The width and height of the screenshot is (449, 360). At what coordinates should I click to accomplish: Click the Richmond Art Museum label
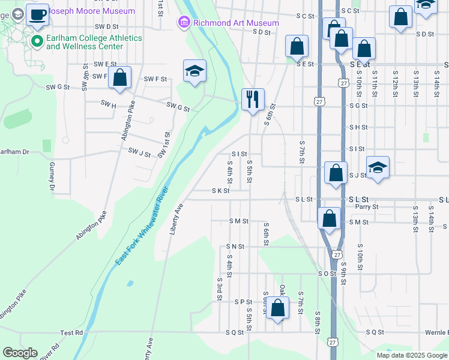236,23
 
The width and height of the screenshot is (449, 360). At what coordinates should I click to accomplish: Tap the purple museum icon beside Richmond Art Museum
184,23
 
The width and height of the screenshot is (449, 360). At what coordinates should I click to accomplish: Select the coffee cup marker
37,16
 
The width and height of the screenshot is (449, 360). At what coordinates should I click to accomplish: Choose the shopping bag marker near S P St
277,310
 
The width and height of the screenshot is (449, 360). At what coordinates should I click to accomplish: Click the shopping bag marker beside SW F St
120,78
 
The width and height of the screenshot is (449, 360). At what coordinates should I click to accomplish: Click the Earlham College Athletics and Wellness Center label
94,42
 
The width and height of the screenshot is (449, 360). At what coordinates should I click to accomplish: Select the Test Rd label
71,332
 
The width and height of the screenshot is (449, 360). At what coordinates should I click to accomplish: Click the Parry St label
366,207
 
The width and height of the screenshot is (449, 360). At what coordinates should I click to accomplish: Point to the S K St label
220,191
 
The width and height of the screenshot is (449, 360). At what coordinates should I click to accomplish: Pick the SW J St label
139,154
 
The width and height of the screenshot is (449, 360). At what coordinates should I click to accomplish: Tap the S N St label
235,247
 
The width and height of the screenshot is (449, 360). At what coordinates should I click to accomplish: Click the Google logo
20,353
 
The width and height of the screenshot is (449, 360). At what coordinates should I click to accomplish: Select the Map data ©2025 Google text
411,355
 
